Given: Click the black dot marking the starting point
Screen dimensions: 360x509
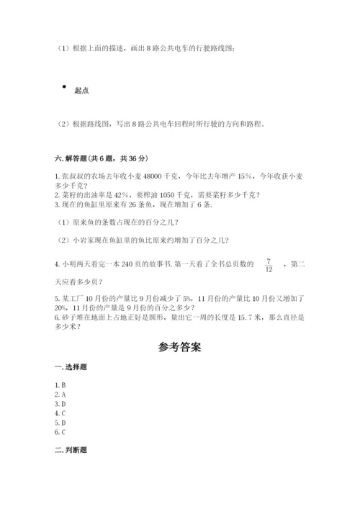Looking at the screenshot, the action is (64, 85).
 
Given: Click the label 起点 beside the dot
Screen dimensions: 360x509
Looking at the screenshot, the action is (81, 91).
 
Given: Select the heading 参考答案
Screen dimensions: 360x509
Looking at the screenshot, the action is (179, 347).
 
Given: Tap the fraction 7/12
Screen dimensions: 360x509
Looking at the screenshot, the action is (268, 264).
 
